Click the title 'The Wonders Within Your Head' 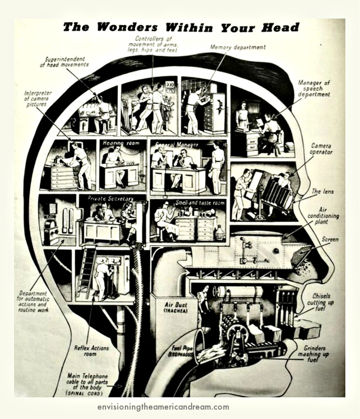point(181,27)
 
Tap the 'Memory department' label point(237,48)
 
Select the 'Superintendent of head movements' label point(64,62)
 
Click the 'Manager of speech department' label point(314,89)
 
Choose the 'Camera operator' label point(321,148)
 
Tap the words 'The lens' point(324,191)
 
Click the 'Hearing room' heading point(120,143)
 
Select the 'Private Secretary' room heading point(110,198)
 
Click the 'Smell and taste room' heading point(196,202)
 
